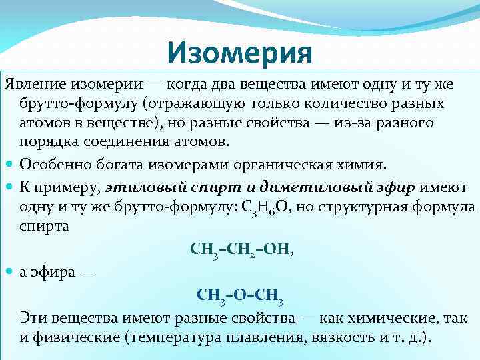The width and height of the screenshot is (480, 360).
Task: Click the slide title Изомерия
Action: tap(240, 51)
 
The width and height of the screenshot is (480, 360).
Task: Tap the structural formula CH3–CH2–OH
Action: tap(241, 251)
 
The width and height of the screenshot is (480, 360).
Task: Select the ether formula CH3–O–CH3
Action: tap(241, 295)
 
